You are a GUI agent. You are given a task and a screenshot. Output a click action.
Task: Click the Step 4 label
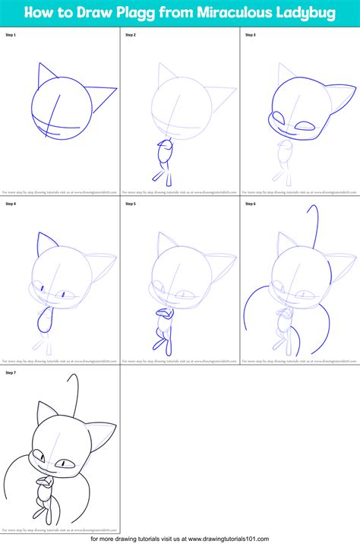click(11, 204)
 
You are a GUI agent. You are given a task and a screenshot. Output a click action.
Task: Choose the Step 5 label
click(131, 204)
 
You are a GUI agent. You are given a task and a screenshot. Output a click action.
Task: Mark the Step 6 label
click(251, 204)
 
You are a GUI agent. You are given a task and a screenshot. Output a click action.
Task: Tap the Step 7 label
click(11, 374)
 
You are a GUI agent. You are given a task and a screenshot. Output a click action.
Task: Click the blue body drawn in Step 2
click(163, 155)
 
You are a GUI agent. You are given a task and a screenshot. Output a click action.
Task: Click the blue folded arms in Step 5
click(163, 312)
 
